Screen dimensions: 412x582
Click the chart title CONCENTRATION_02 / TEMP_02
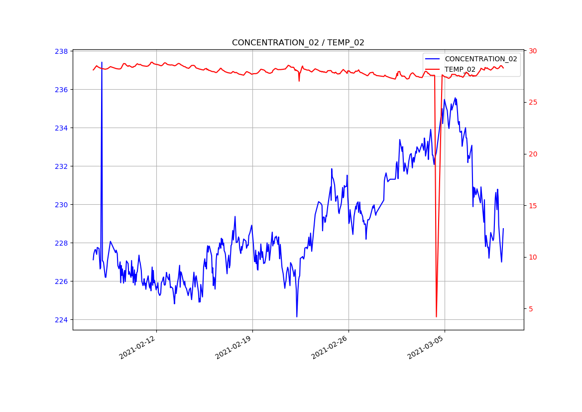tap(298, 43)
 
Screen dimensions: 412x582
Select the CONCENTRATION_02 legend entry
tap(480, 59)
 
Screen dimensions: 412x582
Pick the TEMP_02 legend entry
tap(460, 70)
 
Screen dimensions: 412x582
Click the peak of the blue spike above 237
tap(102, 62)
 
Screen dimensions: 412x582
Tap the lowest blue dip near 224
tap(297, 317)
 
